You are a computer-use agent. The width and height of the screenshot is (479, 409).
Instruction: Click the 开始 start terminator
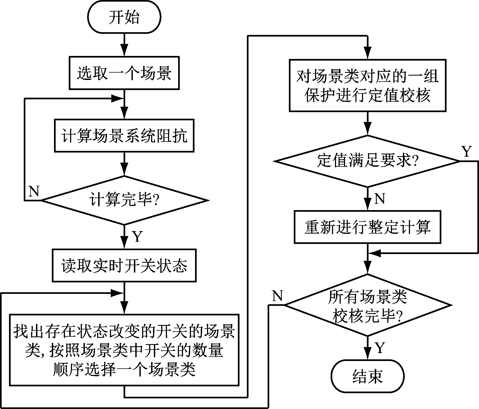(124, 17)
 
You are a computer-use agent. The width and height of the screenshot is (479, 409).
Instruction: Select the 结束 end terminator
(367, 376)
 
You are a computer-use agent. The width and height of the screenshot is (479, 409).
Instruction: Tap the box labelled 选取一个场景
(124, 73)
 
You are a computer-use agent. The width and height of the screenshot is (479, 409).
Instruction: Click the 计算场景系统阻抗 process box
(124, 136)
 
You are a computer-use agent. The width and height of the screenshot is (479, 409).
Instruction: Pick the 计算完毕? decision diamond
(124, 201)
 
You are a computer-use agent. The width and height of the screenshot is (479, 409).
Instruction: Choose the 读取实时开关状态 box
(124, 265)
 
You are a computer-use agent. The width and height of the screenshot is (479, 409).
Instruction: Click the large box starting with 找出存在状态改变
(124, 350)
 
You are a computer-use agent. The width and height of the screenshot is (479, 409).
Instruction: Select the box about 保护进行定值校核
(367, 85)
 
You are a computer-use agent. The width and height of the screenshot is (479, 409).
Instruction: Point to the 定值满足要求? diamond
(367, 161)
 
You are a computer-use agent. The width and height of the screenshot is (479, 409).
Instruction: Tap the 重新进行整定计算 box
(367, 227)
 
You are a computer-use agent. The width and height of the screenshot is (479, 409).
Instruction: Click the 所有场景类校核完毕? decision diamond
(367, 305)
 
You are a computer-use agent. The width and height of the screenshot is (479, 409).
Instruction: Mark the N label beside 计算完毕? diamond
(34, 192)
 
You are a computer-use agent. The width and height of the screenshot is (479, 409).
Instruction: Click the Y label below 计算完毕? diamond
(137, 236)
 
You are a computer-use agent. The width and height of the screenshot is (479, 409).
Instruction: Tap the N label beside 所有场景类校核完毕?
(277, 296)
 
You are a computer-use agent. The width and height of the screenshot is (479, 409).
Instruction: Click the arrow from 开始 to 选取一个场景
(124, 45)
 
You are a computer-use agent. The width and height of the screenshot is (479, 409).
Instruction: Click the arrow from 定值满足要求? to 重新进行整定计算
(367, 199)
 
